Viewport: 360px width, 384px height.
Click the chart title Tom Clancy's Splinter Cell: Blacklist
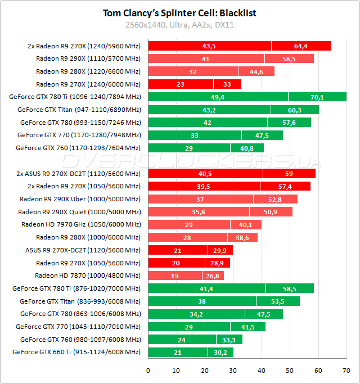coord(180,13)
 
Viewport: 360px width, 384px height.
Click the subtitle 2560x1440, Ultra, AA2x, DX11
coord(180,25)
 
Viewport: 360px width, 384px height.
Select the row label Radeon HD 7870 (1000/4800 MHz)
coord(87,275)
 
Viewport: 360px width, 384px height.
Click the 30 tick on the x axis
coord(233,371)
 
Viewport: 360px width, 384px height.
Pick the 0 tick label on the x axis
coord(148,371)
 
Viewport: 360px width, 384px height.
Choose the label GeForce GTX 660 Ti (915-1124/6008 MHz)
coord(76,352)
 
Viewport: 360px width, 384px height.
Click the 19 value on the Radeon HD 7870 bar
coord(159,275)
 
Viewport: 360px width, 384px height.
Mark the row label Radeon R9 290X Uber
coord(80,199)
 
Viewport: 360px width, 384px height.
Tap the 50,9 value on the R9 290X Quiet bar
coord(271,212)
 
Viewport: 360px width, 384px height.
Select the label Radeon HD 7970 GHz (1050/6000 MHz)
coord(81,224)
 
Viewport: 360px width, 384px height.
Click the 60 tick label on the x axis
coord(318,371)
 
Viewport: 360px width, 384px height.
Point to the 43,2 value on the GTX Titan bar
coord(209,110)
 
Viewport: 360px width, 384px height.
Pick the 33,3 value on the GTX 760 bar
coord(229,339)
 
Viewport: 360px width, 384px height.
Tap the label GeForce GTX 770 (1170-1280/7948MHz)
coord(79,135)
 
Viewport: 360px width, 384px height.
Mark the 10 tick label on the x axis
coord(176,371)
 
